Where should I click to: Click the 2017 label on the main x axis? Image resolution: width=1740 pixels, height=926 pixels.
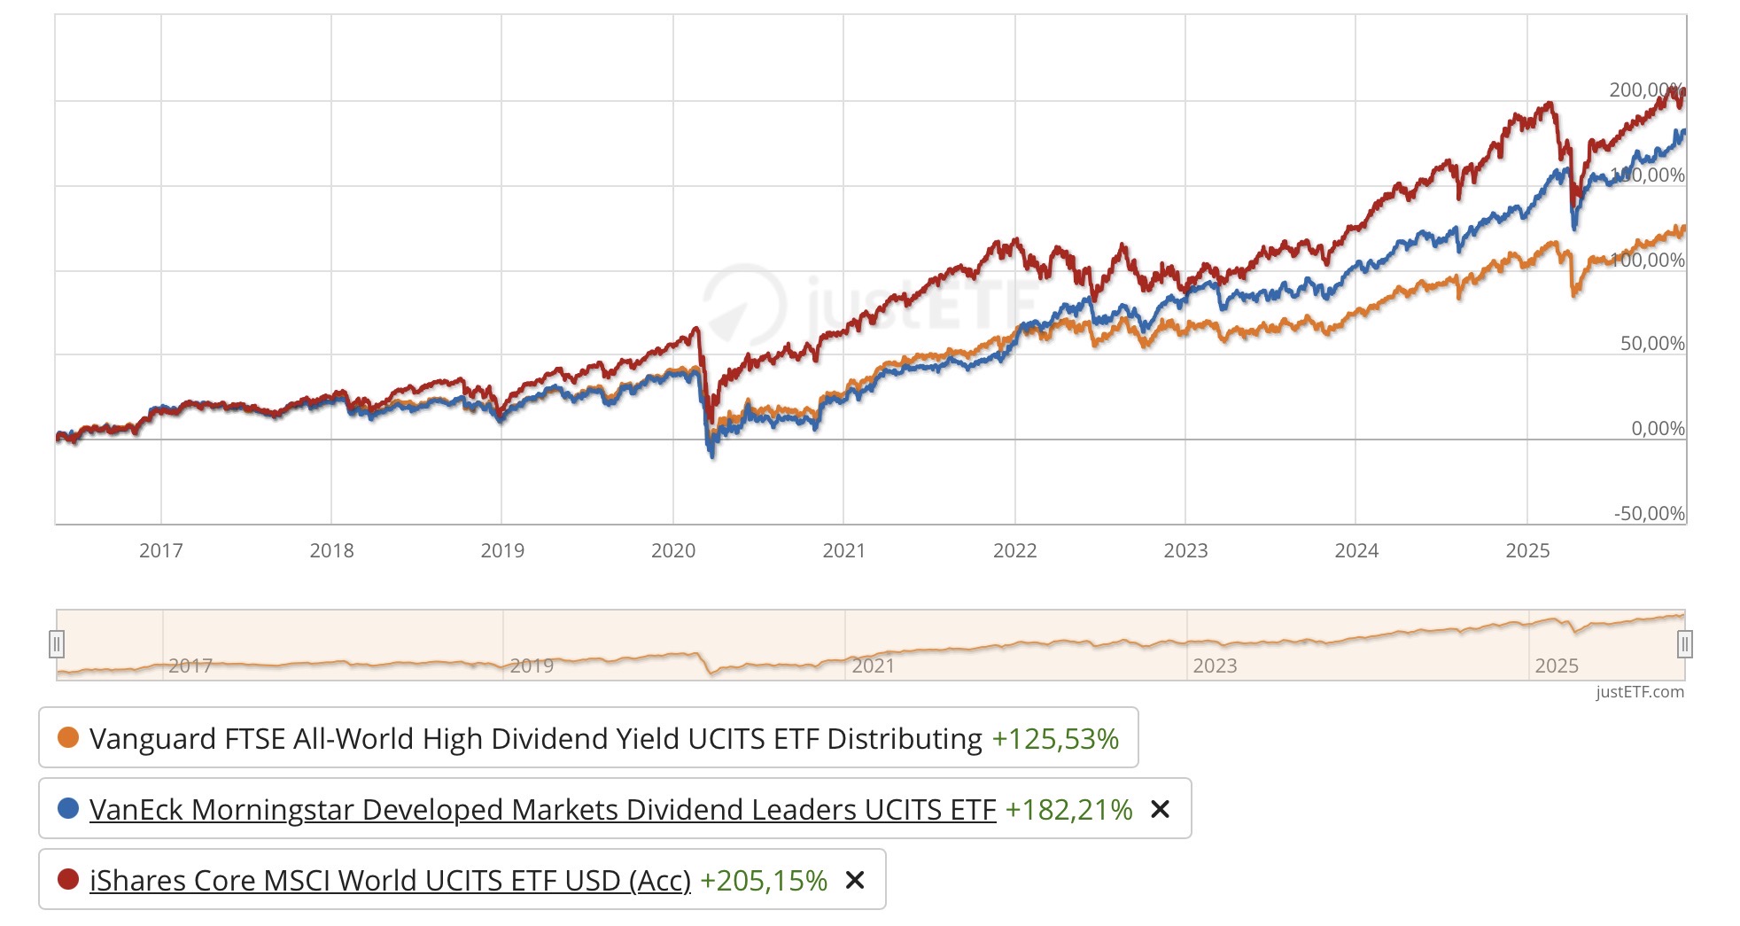click(x=161, y=550)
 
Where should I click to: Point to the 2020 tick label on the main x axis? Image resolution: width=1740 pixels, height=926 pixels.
click(x=673, y=550)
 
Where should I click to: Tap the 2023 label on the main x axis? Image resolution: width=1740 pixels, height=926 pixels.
click(x=1185, y=550)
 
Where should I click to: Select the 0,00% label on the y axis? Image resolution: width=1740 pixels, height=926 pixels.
click(x=1658, y=429)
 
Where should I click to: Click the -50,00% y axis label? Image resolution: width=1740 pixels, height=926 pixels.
click(x=1649, y=514)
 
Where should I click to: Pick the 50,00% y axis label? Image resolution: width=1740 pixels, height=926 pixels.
click(x=1652, y=344)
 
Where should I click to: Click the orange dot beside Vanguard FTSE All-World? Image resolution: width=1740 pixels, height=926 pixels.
click(x=68, y=737)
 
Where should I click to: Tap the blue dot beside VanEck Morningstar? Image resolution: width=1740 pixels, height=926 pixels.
click(x=68, y=808)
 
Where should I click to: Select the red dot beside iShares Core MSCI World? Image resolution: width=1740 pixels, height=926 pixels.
click(x=68, y=879)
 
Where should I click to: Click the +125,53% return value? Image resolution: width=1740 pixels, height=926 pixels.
click(x=1054, y=738)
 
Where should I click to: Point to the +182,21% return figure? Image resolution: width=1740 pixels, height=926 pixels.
click(x=1068, y=809)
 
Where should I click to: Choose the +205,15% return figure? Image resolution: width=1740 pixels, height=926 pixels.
click(x=763, y=880)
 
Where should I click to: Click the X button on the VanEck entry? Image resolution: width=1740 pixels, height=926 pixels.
click(x=1160, y=809)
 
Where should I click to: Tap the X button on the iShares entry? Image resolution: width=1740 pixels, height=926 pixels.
click(x=854, y=880)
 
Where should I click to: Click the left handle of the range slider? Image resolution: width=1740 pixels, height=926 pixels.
click(x=57, y=644)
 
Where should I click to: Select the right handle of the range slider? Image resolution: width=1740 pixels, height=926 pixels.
click(x=1684, y=644)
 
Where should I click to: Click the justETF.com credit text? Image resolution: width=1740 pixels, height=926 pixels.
click(x=1639, y=692)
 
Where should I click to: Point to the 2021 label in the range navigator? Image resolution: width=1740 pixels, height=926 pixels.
click(x=873, y=665)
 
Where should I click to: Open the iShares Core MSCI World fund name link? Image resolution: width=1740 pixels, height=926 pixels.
click(x=390, y=880)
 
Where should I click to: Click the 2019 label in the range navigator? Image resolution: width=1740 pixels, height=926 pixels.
click(x=532, y=665)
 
